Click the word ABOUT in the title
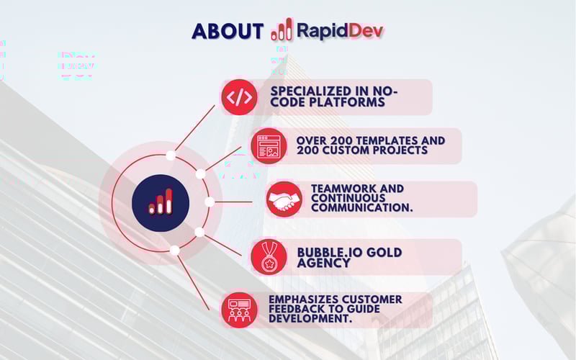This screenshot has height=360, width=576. [x=228, y=31]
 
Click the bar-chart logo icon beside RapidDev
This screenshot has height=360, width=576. [x=282, y=30]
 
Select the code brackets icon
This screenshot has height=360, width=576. [x=239, y=97]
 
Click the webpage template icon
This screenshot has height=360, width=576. [x=268, y=146]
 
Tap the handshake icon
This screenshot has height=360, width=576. [x=284, y=199]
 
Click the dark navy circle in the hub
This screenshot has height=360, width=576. [x=161, y=202]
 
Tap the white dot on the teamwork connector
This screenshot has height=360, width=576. [x=209, y=202]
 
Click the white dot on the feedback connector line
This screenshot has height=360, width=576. [x=174, y=250]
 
